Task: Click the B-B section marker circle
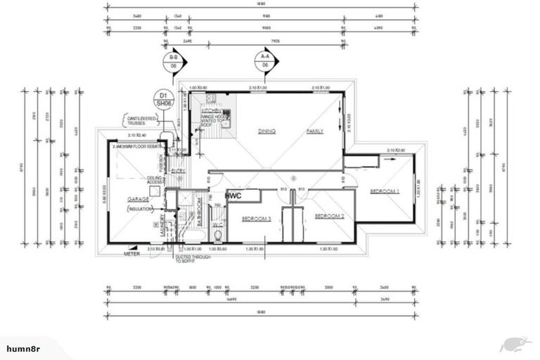[x=173, y=60]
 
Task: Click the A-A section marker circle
[x=265, y=60]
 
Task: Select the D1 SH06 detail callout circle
[x=164, y=98]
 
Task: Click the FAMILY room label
[x=315, y=131]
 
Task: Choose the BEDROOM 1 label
[x=384, y=191]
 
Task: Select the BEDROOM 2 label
[x=328, y=216]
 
